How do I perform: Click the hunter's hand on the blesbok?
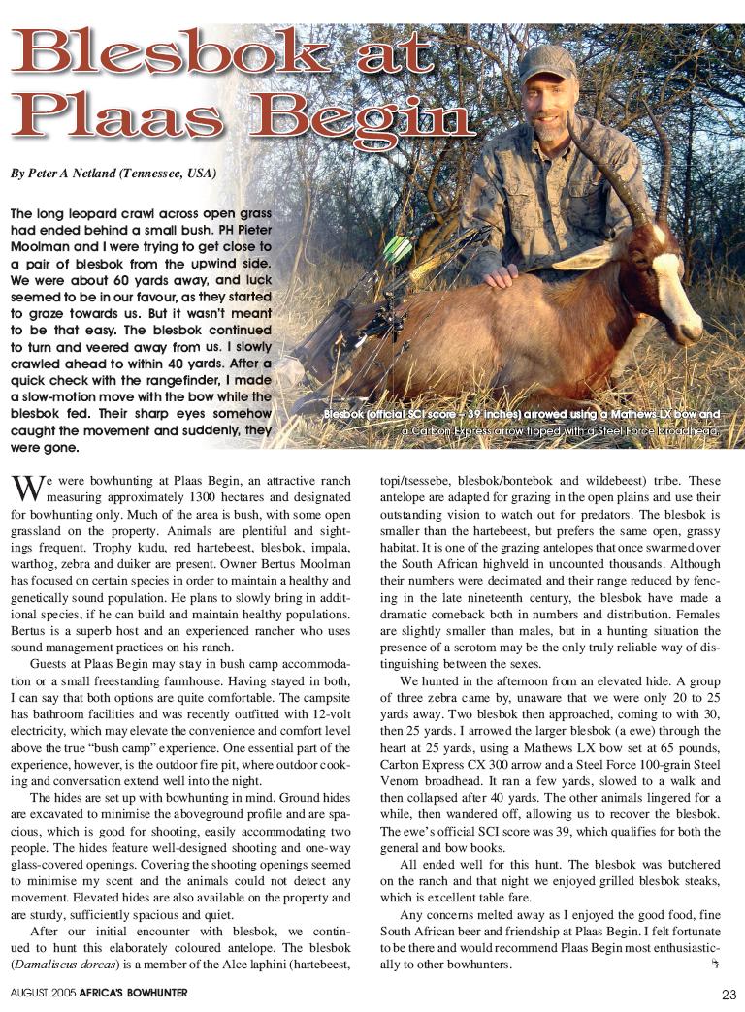point(502,276)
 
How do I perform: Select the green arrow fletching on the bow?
point(397,248)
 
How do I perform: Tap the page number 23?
point(729,994)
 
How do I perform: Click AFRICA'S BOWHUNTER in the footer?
point(135,993)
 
